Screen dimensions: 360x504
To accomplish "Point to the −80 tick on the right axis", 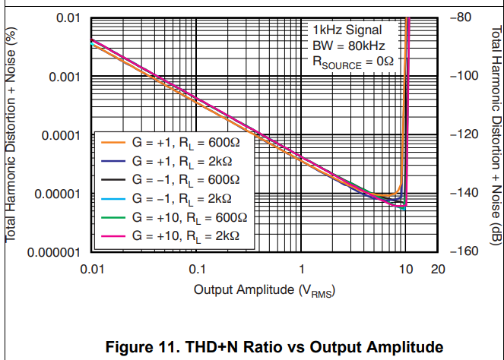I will pyautogui.click(x=463, y=17).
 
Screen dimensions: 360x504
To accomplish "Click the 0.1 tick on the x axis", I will pyautogui.click(x=197, y=270).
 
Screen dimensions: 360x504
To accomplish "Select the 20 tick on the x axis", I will pyautogui.click(x=438, y=270).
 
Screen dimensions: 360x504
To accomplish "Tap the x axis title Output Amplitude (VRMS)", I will pyautogui.click(x=265, y=290).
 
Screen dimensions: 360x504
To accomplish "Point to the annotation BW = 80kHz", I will pyautogui.click(x=346, y=47).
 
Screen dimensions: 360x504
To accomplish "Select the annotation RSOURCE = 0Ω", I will pyautogui.click(x=353, y=63).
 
